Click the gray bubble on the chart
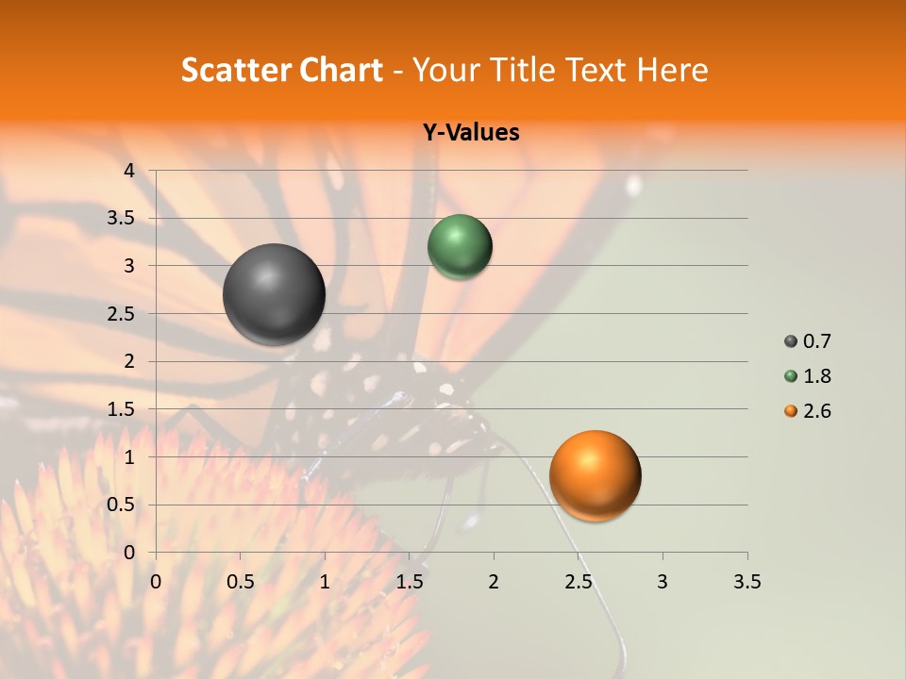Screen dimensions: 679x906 [274, 294]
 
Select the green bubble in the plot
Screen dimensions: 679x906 [460, 246]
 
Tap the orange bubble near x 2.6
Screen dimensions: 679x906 [595, 475]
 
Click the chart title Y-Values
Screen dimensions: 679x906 [471, 133]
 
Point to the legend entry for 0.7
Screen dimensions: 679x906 [808, 341]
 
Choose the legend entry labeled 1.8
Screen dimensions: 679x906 [808, 376]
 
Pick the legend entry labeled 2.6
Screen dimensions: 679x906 [808, 411]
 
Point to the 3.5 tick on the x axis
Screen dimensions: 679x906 [747, 582]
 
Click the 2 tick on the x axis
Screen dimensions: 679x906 [494, 582]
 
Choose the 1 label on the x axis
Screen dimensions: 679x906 [325, 582]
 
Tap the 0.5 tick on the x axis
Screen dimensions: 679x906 [241, 582]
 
